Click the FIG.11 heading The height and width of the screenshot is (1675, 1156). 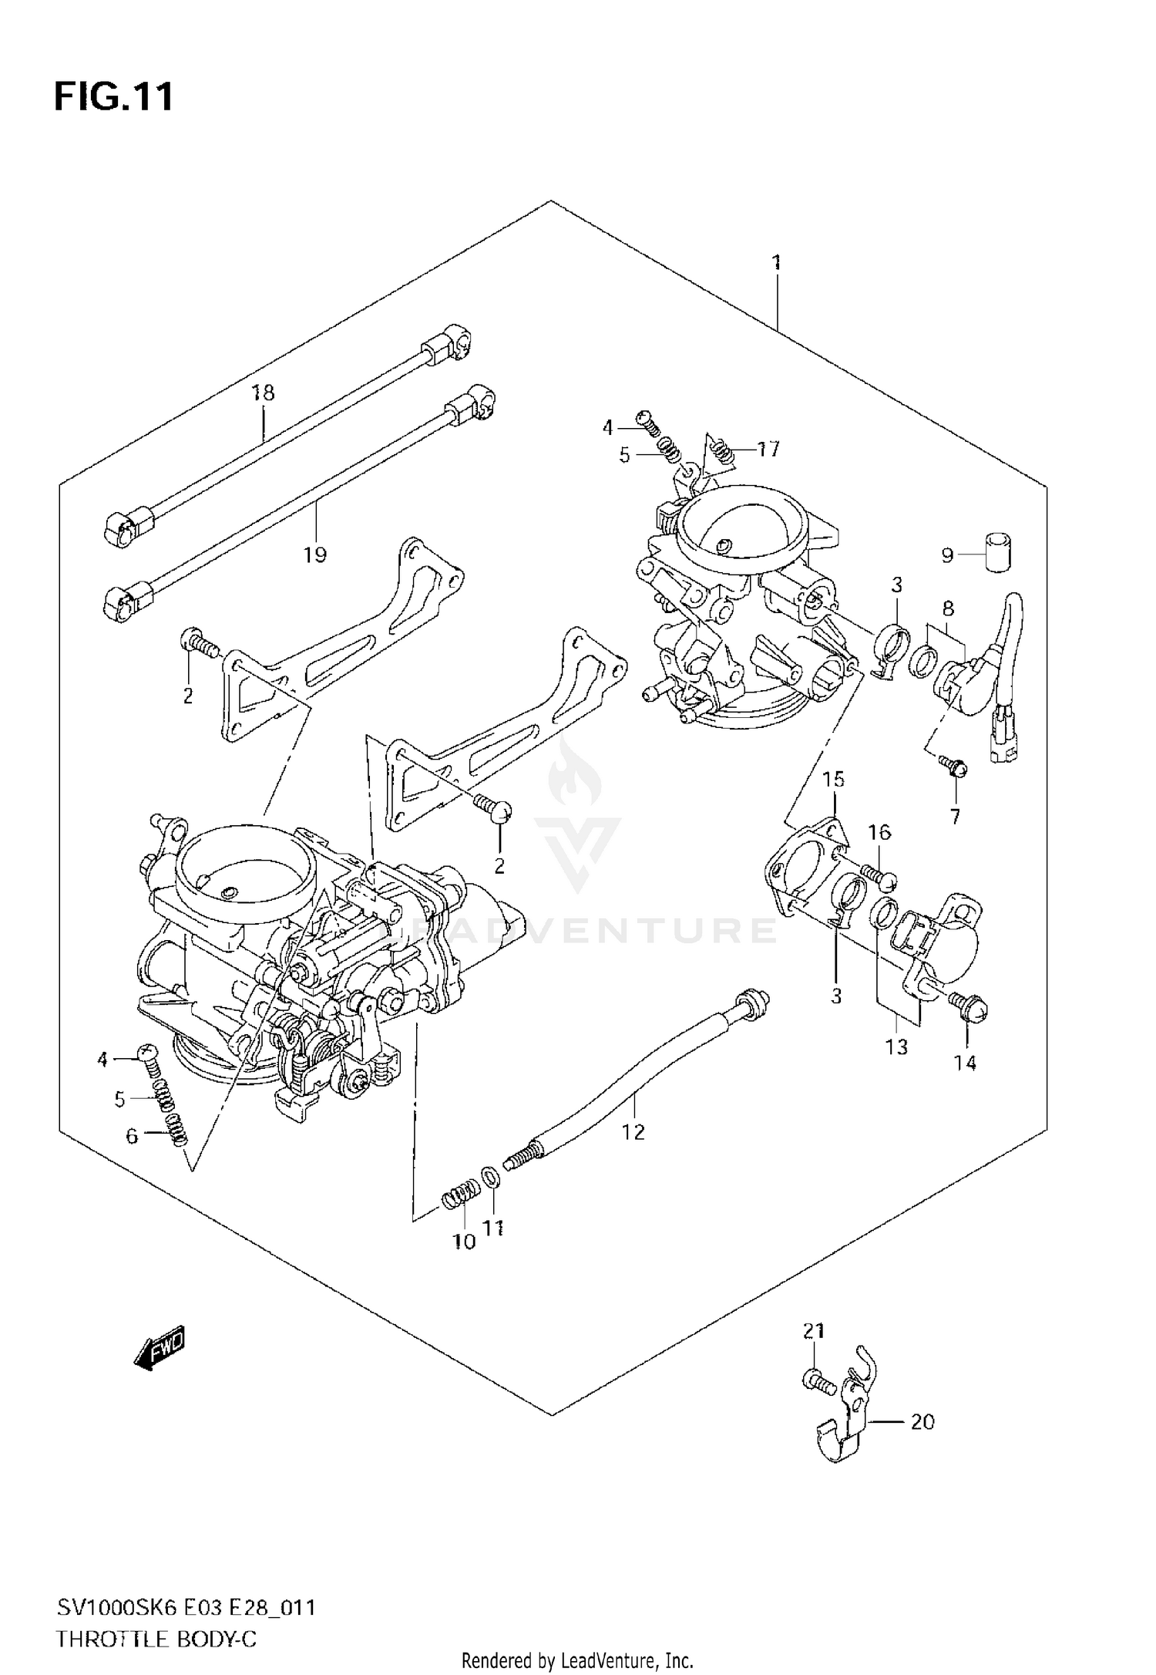[113, 98]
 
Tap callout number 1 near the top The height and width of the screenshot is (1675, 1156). [776, 262]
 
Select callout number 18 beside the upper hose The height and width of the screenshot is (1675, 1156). [263, 393]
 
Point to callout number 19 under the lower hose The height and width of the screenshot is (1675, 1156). [314, 554]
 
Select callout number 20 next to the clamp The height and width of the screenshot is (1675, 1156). [922, 1421]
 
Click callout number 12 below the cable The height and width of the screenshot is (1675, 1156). [633, 1132]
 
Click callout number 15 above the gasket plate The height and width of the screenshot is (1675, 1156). [833, 779]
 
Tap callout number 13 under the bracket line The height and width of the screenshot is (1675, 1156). [897, 1046]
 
